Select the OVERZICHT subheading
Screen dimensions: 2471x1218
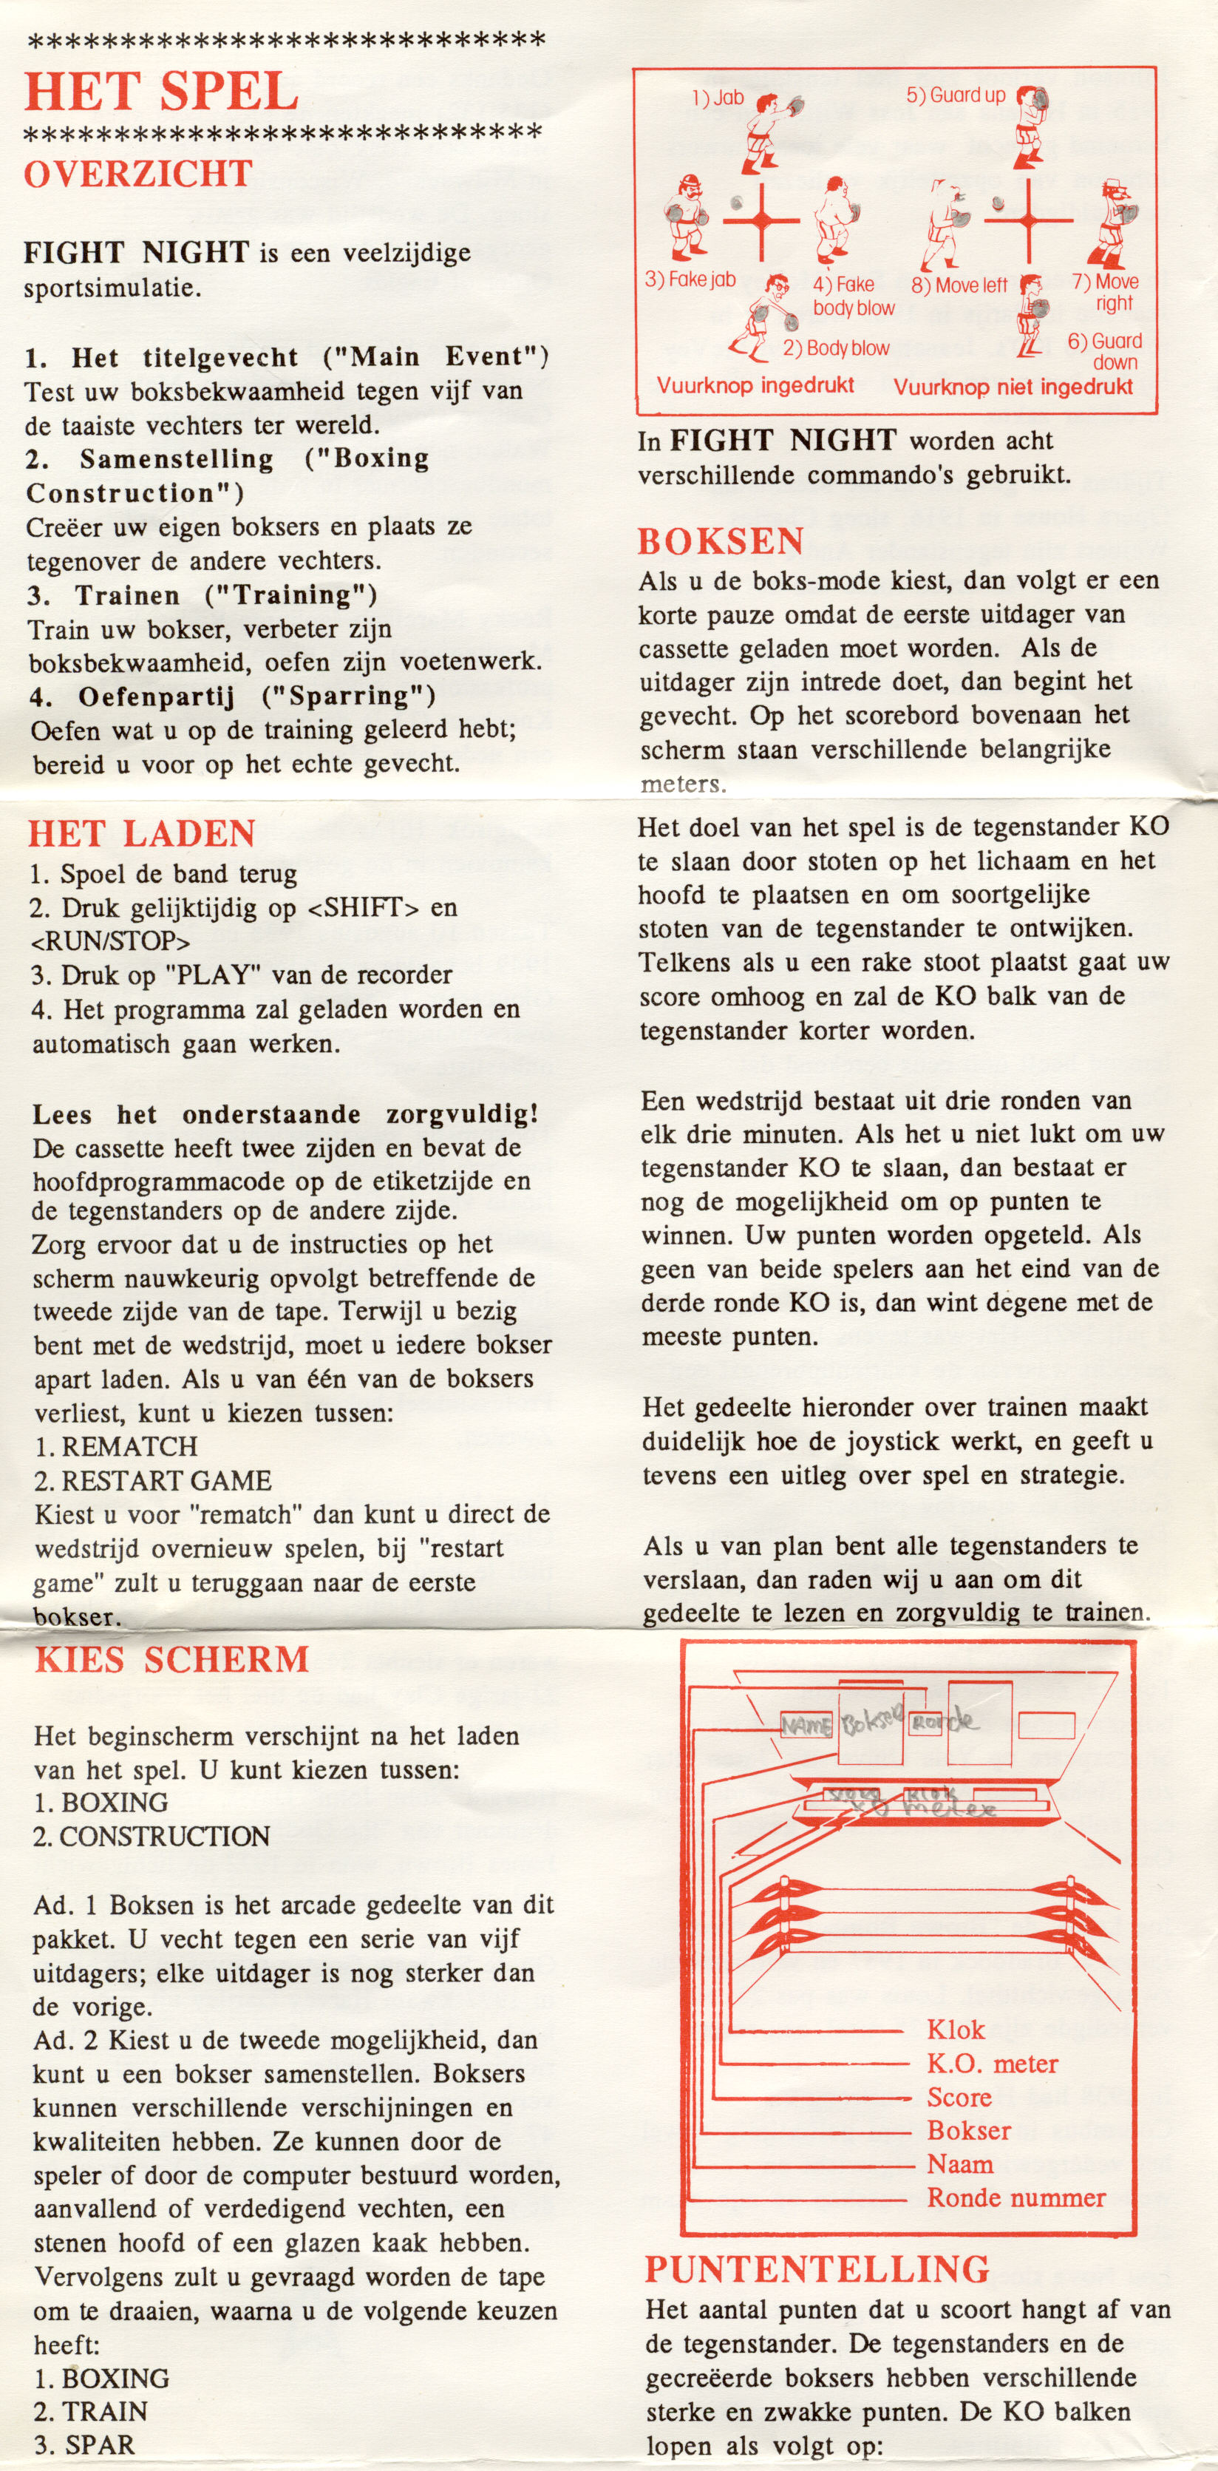tap(138, 174)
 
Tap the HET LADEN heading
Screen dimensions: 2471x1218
tap(141, 833)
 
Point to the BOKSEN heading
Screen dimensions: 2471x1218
tap(721, 542)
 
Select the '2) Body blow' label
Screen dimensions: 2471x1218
tap(835, 348)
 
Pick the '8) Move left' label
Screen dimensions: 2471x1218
tap(959, 285)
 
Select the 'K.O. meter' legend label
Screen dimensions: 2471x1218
tap(992, 2064)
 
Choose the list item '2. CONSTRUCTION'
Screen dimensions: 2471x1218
tap(152, 1836)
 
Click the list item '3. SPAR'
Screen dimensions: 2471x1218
tap(84, 2444)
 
